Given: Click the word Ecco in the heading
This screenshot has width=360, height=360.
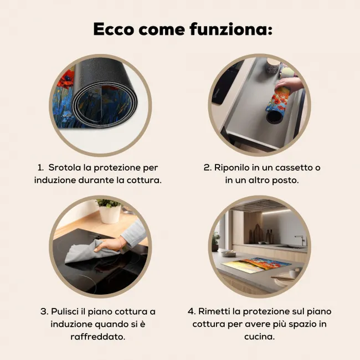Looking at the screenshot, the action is [114, 29].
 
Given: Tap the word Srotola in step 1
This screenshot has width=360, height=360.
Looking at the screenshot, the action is [65, 168].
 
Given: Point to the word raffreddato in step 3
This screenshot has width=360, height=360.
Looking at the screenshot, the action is [97, 337].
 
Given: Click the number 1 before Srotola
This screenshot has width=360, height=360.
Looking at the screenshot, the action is [40, 168].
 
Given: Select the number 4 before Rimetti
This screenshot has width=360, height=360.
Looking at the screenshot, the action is [192, 312].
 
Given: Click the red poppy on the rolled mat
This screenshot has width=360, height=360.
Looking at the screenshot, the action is [66, 79].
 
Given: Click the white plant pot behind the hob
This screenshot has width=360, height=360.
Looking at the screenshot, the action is [110, 214].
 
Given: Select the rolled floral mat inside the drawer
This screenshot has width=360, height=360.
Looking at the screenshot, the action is [276, 105].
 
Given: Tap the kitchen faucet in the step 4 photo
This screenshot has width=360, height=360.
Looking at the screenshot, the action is [301, 240].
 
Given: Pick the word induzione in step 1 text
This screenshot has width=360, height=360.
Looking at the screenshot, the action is [55, 180].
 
